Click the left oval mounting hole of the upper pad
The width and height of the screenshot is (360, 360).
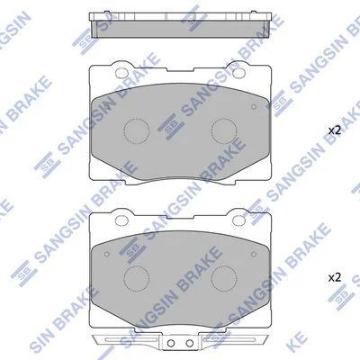(x=121, y=72)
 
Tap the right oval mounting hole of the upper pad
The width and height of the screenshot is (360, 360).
(x=238, y=72)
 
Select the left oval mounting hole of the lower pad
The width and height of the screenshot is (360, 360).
(x=121, y=220)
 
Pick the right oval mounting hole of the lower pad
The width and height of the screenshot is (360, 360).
(x=238, y=220)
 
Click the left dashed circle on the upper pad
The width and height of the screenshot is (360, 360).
(x=137, y=131)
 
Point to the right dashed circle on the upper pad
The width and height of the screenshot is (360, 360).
(x=224, y=131)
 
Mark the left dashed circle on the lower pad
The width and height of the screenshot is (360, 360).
(x=137, y=278)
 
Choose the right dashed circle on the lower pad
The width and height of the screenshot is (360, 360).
(x=224, y=278)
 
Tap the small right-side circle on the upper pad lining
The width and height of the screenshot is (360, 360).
(x=254, y=107)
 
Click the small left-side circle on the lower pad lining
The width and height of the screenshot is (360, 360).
(x=107, y=254)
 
